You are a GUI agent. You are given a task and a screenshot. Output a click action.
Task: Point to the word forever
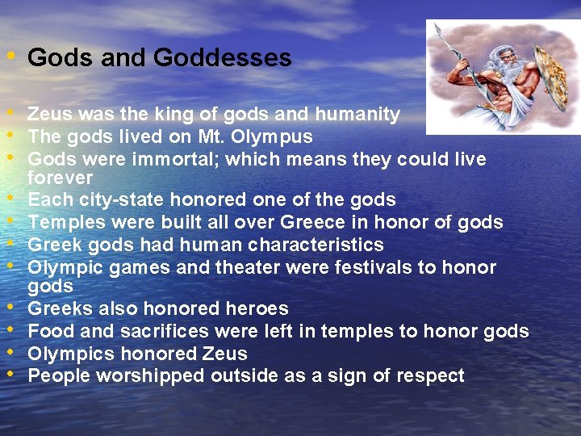click(61, 177)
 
